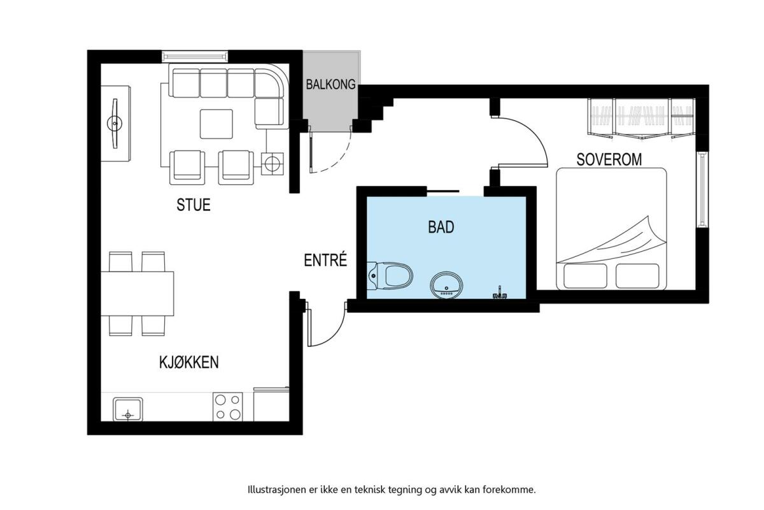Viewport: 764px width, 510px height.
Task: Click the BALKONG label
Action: (330, 84)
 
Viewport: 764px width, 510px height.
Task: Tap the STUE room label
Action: (194, 205)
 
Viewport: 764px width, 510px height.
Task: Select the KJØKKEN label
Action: (189, 362)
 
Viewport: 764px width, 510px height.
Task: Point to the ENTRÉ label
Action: (325, 260)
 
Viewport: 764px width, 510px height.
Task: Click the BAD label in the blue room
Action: (441, 227)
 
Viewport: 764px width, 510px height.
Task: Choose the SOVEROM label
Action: (609, 159)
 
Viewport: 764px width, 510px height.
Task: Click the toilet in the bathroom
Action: (390, 275)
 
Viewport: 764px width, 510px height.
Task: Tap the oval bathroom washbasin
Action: (446, 286)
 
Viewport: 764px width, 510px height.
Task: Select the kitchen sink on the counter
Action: (128, 409)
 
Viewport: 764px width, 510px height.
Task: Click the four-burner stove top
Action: (228, 407)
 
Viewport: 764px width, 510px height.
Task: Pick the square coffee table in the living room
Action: (216, 124)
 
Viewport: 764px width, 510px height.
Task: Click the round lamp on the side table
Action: (272, 164)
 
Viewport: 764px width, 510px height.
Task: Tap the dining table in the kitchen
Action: (137, 294)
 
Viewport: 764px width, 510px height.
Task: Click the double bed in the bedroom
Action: (611, 229)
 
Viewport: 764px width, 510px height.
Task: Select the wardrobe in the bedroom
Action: (641, 119)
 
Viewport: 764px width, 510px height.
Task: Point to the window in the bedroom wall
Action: (702, 189)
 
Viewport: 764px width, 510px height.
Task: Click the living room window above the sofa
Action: (195, 56)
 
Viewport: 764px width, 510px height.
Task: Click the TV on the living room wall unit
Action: (115, 123)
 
